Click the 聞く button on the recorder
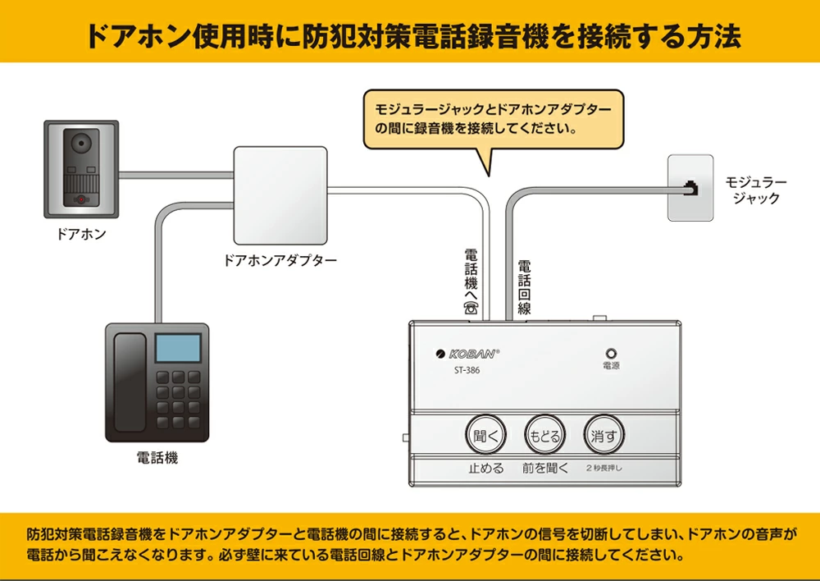point(486,436)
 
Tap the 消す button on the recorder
point(604,436)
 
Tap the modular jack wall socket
point(690,187)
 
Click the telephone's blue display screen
point(179,349)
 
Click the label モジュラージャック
point(755,190)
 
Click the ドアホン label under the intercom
point(81,235)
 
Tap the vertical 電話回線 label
point(524,287)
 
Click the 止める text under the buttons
point(485,469)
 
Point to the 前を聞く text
point(544,469)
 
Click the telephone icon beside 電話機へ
point(471,309)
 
